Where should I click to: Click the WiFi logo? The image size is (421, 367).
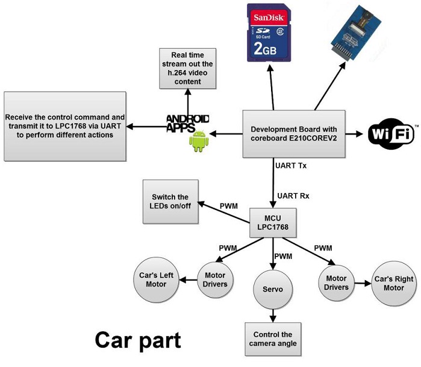pos(391,133)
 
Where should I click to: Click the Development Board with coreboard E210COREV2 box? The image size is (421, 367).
pos(293,133)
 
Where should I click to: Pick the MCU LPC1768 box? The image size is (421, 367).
pos(273,222)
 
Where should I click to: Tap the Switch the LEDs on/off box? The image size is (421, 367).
pos(170,202)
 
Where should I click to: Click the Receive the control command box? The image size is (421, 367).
pos(65,126)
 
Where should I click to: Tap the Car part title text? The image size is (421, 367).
pos(137,340)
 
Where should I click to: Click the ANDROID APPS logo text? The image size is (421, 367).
pos(188,123)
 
